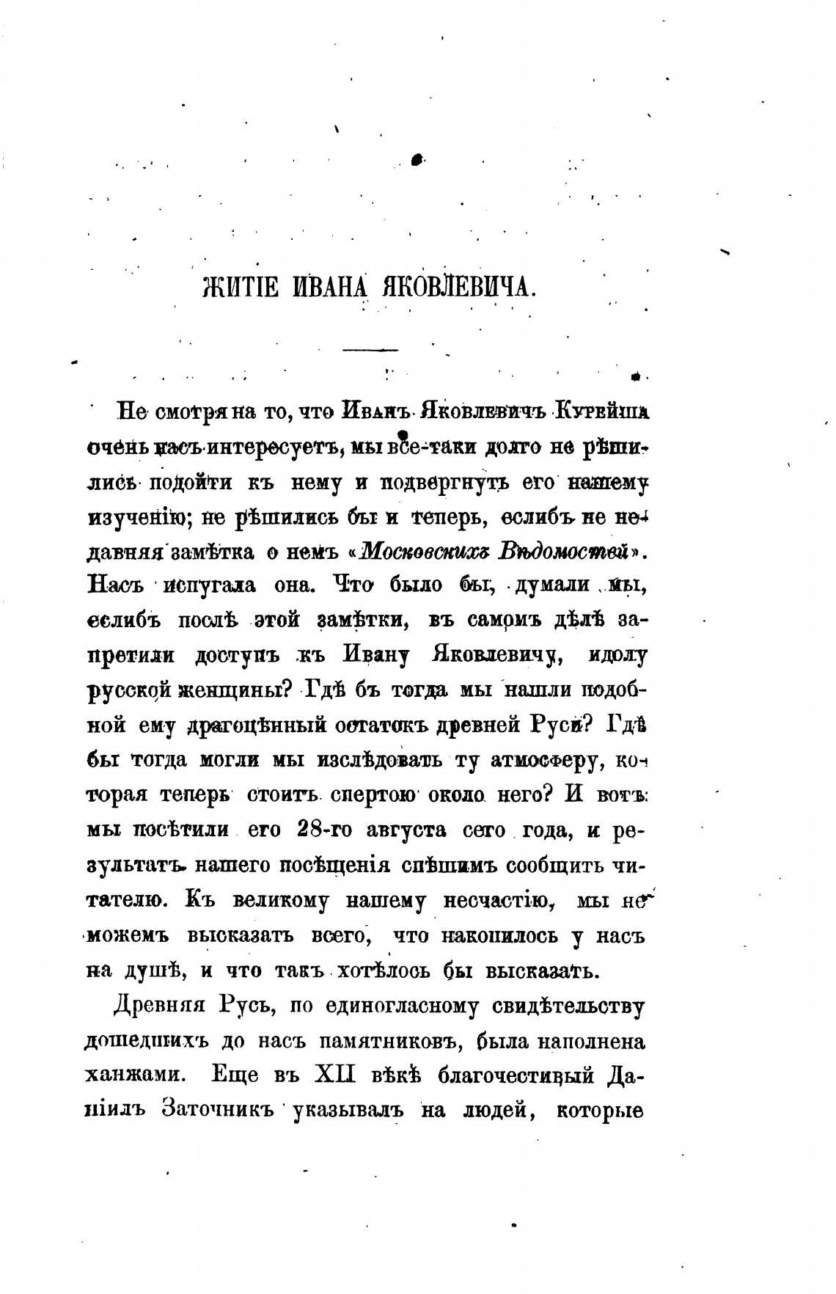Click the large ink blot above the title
pos(418,158)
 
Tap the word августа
pos(408,832)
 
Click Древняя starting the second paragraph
pos(153,1006)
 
